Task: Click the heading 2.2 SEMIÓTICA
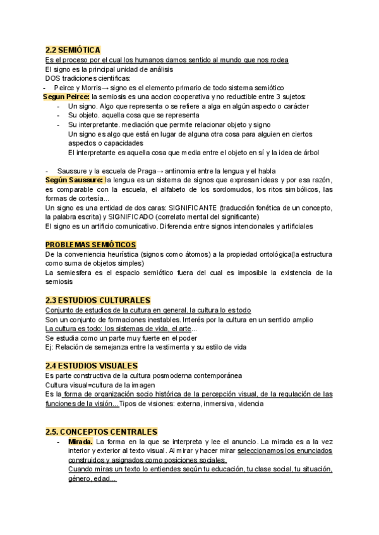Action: click(73, 50)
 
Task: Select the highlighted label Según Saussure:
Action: click(71, 180)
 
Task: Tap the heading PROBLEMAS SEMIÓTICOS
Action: click(91, 245)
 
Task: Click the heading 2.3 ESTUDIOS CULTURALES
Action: click(98, 300)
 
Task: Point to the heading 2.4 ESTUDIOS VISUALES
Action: click(92, 365)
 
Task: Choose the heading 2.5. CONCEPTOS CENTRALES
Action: click(102, 432)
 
